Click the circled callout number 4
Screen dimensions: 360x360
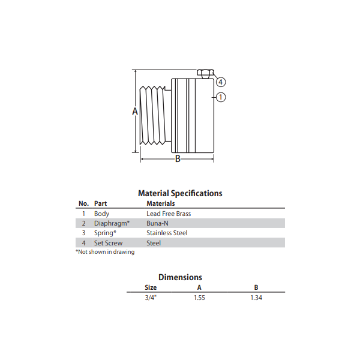221,82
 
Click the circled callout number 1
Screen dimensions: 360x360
221,97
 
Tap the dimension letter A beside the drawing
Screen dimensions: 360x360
135,112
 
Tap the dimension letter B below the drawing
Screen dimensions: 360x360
177,159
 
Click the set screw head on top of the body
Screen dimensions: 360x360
205,74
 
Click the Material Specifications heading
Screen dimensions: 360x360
180,193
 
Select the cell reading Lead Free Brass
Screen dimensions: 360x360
169,214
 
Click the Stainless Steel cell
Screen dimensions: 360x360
167,233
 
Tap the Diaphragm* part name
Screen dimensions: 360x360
112,223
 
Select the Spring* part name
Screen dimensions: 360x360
105,233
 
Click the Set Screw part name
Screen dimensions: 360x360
108,243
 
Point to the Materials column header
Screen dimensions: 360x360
160,203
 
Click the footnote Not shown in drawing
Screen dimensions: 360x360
105,252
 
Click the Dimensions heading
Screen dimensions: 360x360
180,277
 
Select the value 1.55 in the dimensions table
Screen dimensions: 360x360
199,297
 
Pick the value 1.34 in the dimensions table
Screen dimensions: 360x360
257,297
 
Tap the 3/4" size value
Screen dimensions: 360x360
151,297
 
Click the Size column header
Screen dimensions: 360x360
151,287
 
